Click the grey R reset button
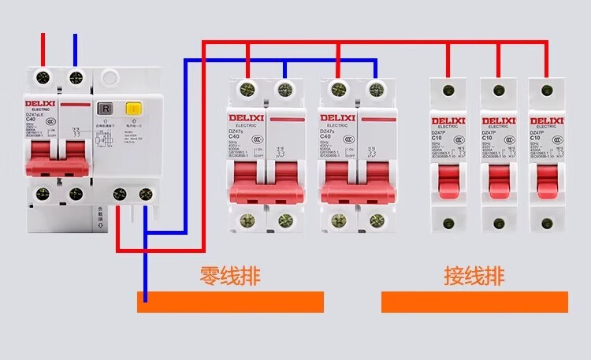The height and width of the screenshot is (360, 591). (x=103, y=109)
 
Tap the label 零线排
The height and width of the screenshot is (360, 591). (x=230, y=276)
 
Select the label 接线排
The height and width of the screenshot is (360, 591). (x=474, y=276)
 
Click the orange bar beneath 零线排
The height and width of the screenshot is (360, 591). (x=230, y=302)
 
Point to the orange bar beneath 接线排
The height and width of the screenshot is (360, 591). (x=474, y=302)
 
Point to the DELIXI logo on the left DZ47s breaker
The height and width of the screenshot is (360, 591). (x=247, y=118)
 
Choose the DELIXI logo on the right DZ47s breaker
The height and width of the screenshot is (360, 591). (x=336, y=118)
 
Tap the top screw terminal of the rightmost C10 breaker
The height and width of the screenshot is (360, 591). (x=546, y=90)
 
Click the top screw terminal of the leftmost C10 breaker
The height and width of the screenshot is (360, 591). (x=449, y=90)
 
